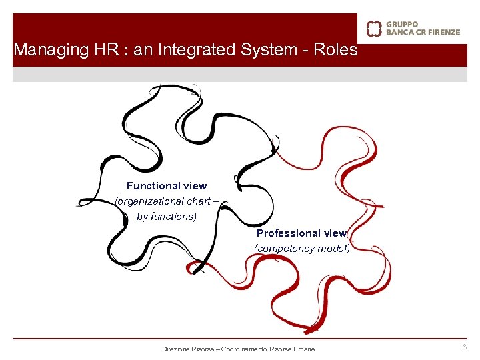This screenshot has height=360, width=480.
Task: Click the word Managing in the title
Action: tap(42, 50)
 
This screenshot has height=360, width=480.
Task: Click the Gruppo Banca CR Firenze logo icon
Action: tap(374, 28)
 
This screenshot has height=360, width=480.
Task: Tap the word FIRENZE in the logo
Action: tap(440, 31)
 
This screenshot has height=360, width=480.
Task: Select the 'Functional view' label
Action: tap(167, 186)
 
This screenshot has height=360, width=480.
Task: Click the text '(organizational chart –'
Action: tap(163, 201)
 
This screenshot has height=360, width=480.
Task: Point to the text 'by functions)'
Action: tap(167, 216)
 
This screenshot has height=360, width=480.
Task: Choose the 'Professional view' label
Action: tap(301, 233)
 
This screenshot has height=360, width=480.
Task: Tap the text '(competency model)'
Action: tap(301, 249)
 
